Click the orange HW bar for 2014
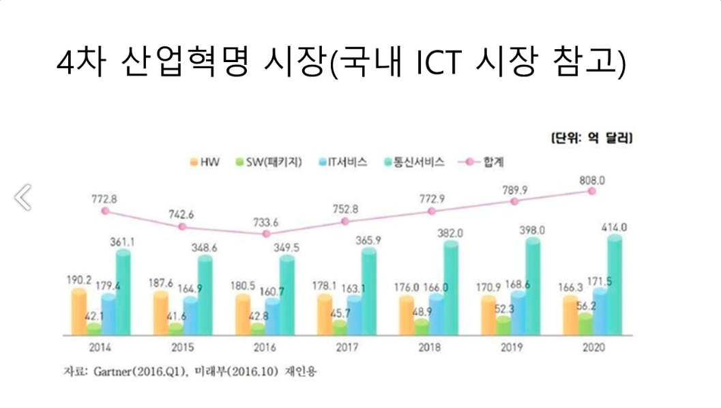pyautogui.click(x=78, y=312)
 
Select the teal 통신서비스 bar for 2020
pyautogui.click(x=615, y=285)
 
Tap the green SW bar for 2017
pyautogui.click(x=339, y=327)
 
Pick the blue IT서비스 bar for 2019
pyautogui.click(x=518, y=312)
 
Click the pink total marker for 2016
pyautogui.click(x=266, y=233)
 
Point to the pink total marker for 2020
pyautogui.click(x=592, y=191)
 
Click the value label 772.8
pyautogui.click(x=104, y=199)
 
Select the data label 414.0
pyautogui.click(x=615, y=227)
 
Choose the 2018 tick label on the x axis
pyautogui.click(x=429, y=347)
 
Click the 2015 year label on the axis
pyautogui.click(x=183, y=347)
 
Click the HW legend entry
pyautogui.click(x=205, y=162)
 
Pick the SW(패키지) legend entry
pyautogui.click(x=269, y=162)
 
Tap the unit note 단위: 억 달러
pyautogui.click(x=592, y=138)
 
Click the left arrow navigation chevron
pyautogui.click(x=23, y=197)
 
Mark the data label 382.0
pyautogui.click(x=450, y=233)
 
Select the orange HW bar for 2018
pyautogui.click(x=407, y=315)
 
